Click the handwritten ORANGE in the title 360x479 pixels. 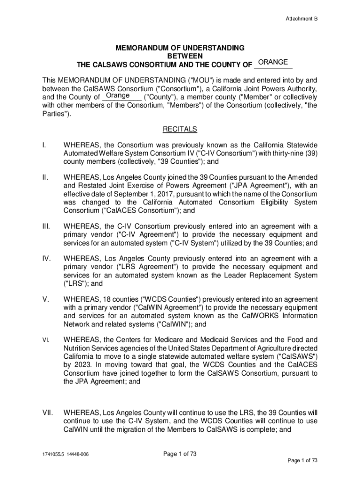273,62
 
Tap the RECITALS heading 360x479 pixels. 180,129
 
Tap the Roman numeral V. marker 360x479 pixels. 44,299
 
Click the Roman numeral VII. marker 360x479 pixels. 46,413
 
